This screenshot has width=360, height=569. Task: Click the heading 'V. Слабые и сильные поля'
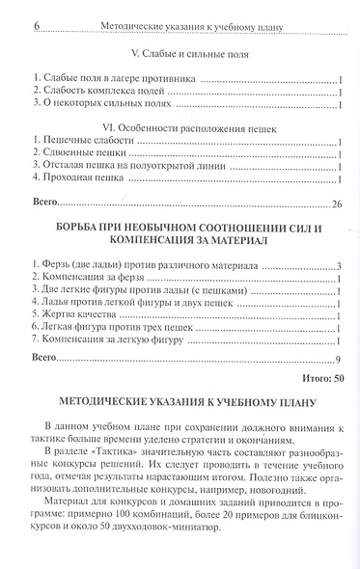coord(180,55)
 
